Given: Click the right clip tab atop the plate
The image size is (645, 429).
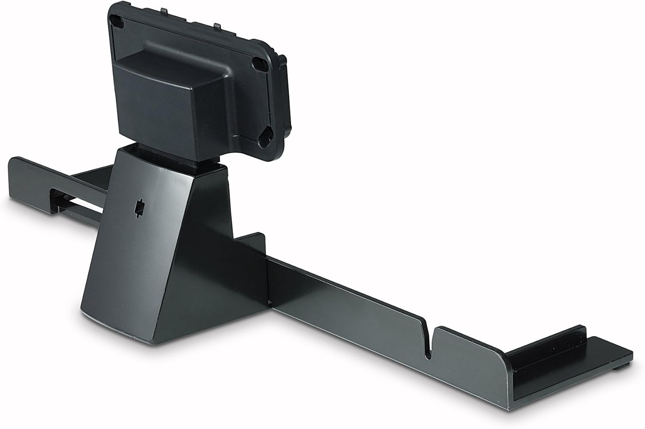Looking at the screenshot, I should (217, 26).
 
